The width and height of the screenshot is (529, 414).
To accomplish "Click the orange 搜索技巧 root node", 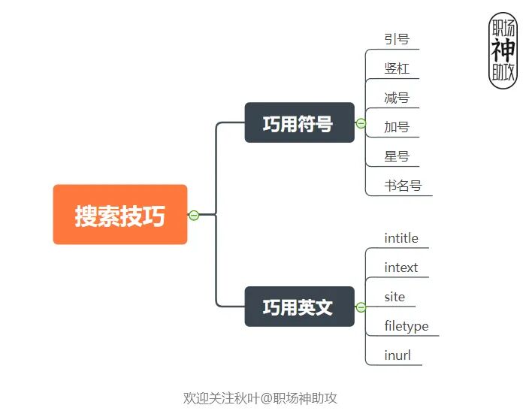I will coord(119,215).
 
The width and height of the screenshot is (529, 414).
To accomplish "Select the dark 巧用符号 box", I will coord(299,122).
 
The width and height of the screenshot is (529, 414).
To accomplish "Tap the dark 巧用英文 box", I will coord(299,307).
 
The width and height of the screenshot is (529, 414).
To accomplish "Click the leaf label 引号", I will coord(396,39).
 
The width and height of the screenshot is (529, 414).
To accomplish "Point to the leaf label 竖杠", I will coord(396,68).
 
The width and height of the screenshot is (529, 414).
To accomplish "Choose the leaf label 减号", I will coord(396,98).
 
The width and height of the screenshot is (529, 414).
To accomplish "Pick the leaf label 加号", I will coord(396,127).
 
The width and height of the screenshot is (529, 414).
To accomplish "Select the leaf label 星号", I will coord(396,156).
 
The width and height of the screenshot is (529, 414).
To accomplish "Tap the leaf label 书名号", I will coord(403,186).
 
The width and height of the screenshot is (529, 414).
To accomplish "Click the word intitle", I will coord(401,238).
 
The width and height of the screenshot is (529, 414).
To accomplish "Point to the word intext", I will coord(401,267).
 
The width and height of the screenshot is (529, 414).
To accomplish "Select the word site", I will coord(394,297).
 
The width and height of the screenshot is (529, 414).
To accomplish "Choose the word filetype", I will coord(406,326).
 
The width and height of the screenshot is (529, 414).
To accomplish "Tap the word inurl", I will coord(398,355).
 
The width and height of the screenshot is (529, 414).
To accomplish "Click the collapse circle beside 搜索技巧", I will coord(194,215).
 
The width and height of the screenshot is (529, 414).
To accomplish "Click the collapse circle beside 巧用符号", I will coord(361,123).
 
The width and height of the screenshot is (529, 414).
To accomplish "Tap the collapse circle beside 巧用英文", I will coord(361,307).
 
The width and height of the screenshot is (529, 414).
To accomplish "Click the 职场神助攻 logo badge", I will coord(503,50).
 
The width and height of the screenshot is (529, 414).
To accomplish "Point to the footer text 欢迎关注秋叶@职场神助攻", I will coord(265,397).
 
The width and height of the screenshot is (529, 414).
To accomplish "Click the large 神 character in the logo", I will coord(503,50).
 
